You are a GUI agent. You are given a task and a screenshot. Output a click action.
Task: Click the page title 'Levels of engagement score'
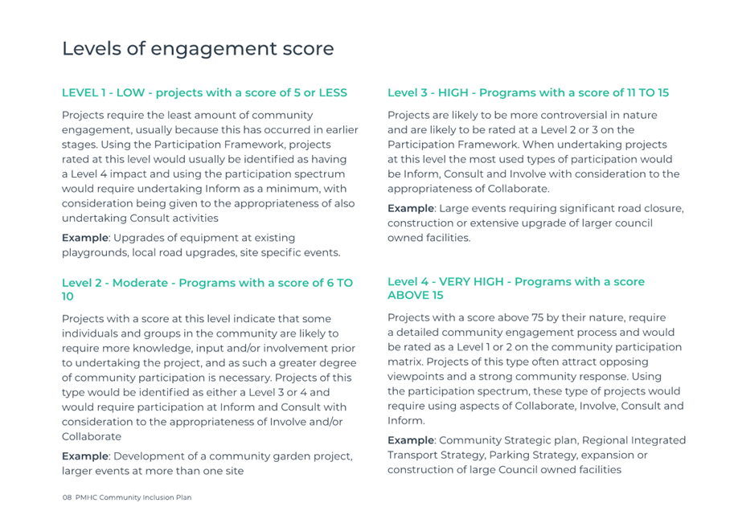pos(198,49)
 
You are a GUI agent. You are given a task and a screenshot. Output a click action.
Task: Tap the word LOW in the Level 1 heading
pos(130,92)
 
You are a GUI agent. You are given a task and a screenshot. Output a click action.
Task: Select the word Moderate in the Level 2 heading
pos(140,283)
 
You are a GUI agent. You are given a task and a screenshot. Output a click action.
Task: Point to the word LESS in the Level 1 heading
pos(333,92)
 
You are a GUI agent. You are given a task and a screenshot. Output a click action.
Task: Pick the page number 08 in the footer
pos(67,497)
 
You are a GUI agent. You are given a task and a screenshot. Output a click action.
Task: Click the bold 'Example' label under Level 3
pos(411,208)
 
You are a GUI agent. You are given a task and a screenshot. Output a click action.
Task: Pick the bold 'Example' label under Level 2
pos(85,456)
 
